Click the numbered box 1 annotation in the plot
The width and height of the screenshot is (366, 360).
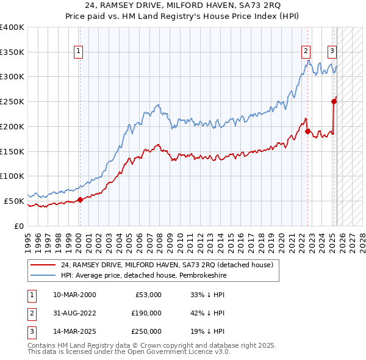point(79,52)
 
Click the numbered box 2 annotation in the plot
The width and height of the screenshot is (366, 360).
point(306,52)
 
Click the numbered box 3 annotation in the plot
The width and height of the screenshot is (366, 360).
point(332,52)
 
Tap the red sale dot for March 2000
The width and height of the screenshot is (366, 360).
point(80,200)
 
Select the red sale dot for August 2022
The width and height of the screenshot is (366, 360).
point(308,131)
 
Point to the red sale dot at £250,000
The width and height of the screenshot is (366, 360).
point(334,101)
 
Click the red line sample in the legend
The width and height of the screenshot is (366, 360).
point(43,265)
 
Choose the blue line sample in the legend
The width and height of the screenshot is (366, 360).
point(43,275)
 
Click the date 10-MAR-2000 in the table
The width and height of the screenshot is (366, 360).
point(74,295)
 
